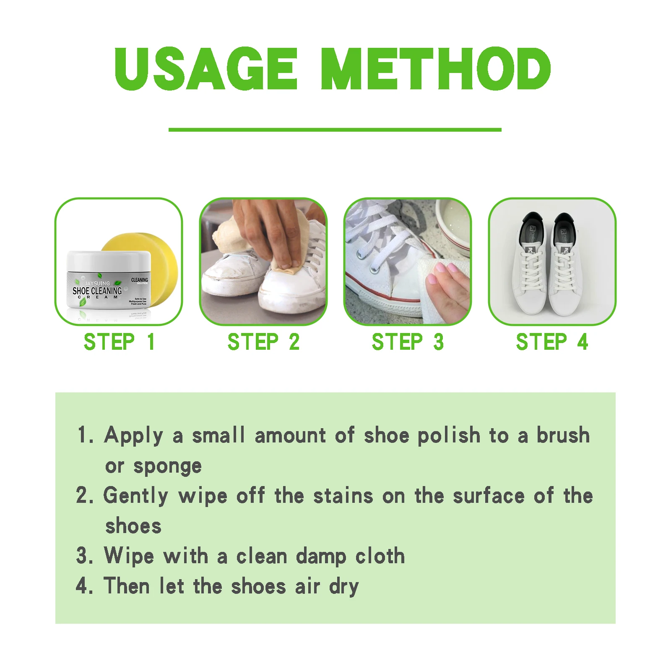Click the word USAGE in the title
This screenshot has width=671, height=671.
point(205,69)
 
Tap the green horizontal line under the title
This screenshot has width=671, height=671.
point(335,130)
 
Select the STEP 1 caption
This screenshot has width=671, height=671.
point(119,342)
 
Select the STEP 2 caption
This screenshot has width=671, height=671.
point(263,342)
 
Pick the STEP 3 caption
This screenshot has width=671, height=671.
point(408,342)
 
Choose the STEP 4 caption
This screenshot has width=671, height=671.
point(552,342)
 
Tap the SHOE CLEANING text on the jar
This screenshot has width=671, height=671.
point(97,291)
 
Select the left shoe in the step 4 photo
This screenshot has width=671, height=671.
point(529,268)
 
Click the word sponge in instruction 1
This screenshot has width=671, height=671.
point(167,466)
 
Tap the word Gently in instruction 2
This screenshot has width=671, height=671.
point(135,496)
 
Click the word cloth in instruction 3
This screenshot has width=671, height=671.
point(380,556)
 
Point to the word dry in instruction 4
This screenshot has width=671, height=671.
point(344,586)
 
